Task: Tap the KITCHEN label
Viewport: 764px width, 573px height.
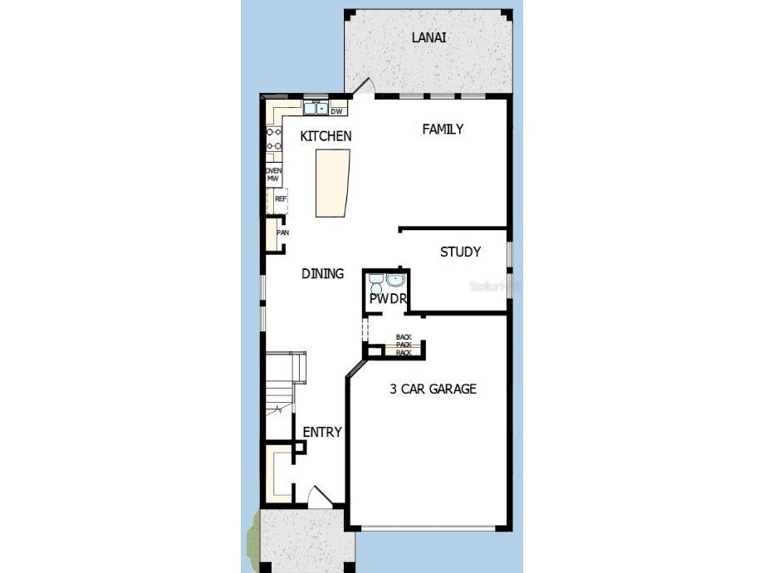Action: pos(326,136)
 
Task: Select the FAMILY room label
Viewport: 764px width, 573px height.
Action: pos(443,129)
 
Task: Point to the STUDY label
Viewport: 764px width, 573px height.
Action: pos(460,252)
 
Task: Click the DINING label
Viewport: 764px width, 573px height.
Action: pos(322,273)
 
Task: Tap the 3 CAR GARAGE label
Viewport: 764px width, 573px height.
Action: pos(433,389)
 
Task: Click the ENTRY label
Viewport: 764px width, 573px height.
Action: pos(322,432)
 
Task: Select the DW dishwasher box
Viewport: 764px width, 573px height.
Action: pos(337,110)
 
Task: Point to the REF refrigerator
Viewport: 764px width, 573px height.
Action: pos(281,199)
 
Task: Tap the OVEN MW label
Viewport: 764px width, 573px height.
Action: pos(273,174)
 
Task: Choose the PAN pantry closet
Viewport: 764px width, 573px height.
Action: pos(282,233)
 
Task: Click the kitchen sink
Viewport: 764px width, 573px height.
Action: pos(315,108)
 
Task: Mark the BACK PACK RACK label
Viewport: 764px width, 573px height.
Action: pos(404,345)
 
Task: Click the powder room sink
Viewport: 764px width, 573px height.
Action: pos(394,280)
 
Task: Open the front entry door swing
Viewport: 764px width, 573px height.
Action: pos(321,497)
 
